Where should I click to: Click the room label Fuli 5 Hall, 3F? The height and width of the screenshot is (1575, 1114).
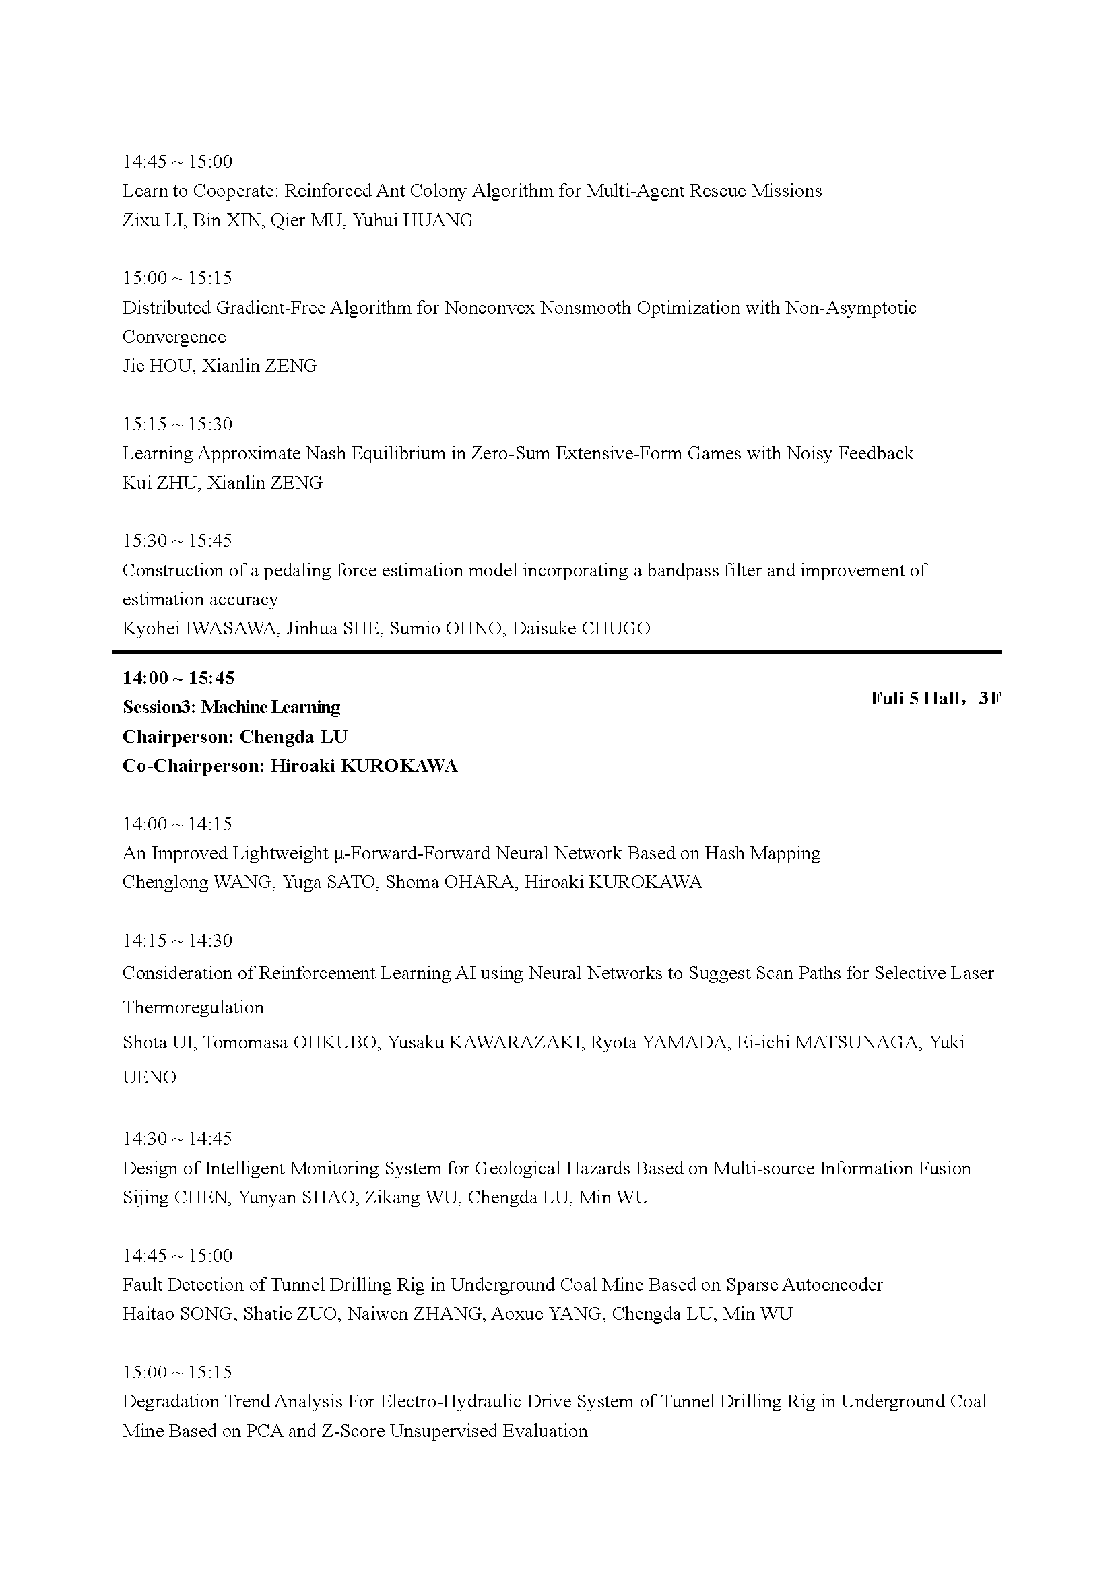935,698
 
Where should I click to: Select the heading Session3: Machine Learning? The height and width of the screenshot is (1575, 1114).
231,707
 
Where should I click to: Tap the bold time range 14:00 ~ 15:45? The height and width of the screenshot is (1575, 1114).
178,678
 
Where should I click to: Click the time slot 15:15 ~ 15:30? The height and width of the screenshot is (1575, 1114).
178,424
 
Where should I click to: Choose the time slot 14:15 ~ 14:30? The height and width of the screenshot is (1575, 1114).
178,941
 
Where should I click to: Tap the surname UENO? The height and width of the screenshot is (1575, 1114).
150,1077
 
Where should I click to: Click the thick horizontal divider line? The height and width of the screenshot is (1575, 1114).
556,651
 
